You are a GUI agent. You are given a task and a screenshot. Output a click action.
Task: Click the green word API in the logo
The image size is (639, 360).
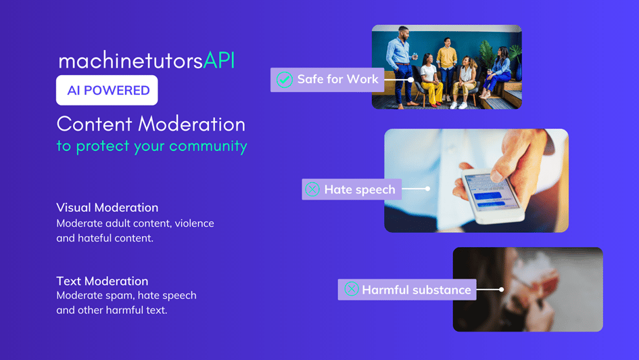click(x=219, y=60)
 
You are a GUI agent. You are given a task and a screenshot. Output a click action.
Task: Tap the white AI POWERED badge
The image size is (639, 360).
click(x=107, y=90)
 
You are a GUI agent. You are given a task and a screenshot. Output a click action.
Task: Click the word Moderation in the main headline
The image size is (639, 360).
click(x=191, y=124)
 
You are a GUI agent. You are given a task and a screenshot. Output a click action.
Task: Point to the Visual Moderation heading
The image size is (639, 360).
click(x=108, y=208)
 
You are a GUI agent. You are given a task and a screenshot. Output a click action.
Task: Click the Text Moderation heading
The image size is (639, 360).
click(x=102, y=281)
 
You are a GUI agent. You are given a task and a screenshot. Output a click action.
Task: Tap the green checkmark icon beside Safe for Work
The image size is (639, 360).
click(x=285, y=79)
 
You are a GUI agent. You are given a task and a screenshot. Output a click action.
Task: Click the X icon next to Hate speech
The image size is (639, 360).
click(x=312, y=189)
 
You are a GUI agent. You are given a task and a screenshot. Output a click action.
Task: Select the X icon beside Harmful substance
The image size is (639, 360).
click(x=352, y=289)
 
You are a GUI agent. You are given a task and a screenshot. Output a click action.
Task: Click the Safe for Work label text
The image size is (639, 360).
click(x=338, y=79)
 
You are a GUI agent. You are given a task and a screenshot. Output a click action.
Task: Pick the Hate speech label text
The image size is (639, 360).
click(x=360, y=189)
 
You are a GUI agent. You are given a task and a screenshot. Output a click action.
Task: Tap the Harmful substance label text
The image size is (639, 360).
click(x=417, y=290)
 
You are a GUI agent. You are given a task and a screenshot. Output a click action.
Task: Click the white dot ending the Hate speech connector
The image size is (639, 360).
click(x=427, y=189)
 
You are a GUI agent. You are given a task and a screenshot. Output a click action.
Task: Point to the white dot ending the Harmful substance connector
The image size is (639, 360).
click(x=502, y=290)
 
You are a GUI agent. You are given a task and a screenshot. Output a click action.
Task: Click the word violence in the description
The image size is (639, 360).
click(x=194, y=223)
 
